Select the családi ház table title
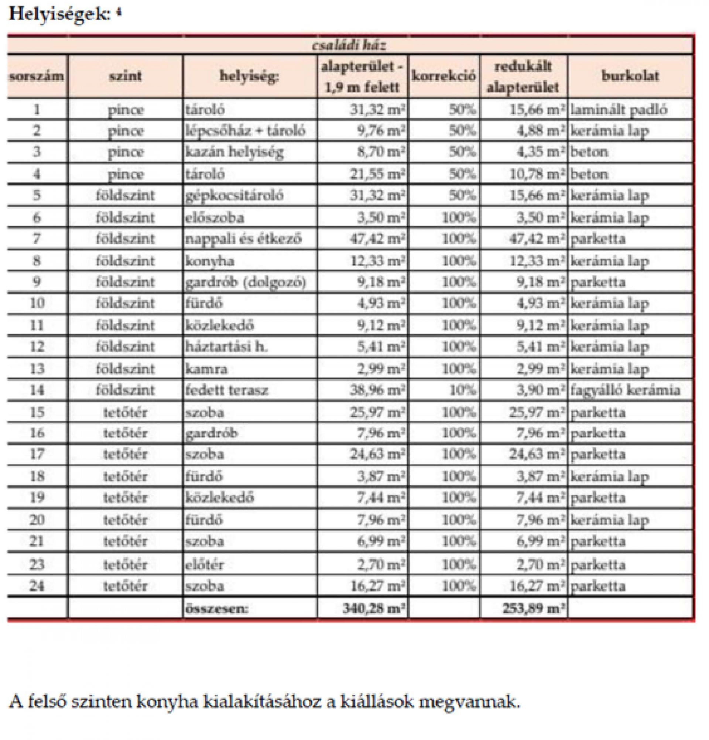pyautogui.click(x=348, y=46)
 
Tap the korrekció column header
pyautogui.click(x=443, y=76)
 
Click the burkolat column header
pyautogui.click(x=630, y=76)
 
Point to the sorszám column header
pyautogui.click(x=37, y=76)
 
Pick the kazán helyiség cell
pyautogui.click(x=234, y=152)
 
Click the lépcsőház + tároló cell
pyautogui.click(x=245, y=131)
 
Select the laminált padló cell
pyautogui.click(x=619, y=110)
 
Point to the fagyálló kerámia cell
pyautogui.click(x=625, y=390)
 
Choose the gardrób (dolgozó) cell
pyautogui.click(x=246, y=282)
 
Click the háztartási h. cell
pyautogui.click(x=226, y=347)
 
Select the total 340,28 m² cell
pyautogui.click(x=373, y=608)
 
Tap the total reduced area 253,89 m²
pyautogui.click(x=533, y=608)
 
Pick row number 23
pyautogui.click(x=37, y=564)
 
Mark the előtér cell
pyautogui.click(x=204, y=565)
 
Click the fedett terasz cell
pyautogui.click(x=227, y=390)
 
